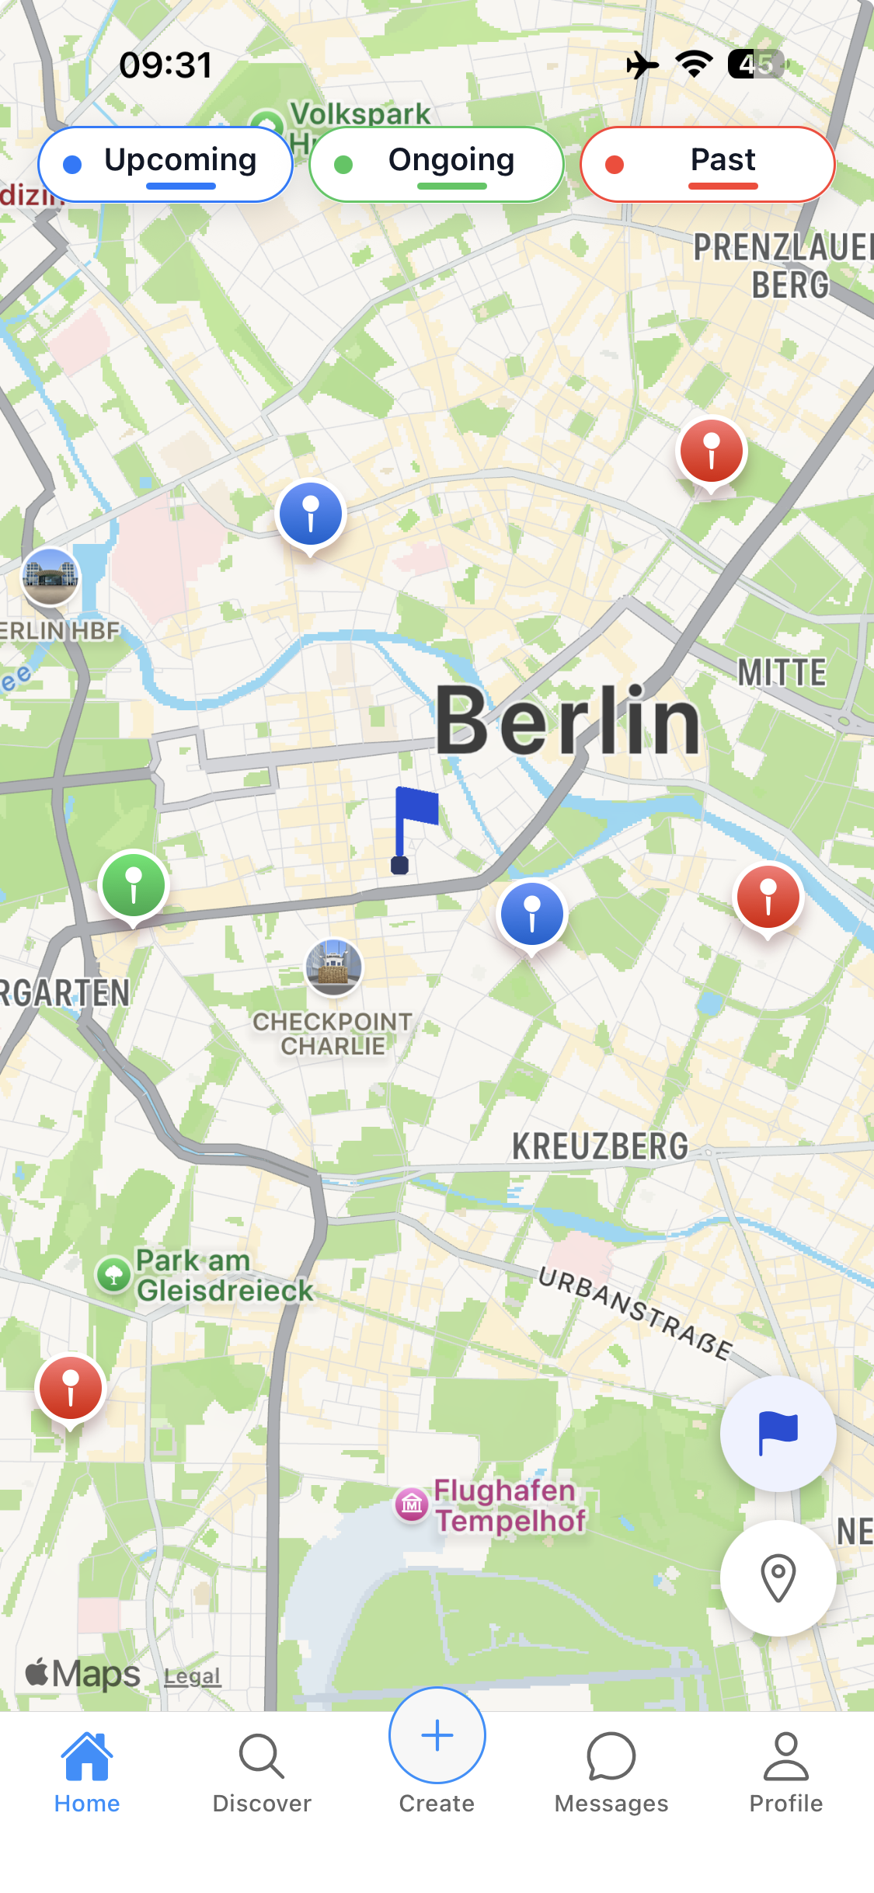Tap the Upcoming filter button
(165, 164)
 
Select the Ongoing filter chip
(437, 164)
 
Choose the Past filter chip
(707, 164)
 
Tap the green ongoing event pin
(134, 886)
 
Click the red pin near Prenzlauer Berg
(711, 451)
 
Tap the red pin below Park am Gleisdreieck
(70, 1389)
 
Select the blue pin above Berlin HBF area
(311, 514)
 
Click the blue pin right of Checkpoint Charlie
(532, 915)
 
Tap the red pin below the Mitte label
(768, 898)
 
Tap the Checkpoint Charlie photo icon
(333, 967)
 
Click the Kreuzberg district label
(600, 1147)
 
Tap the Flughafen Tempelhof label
(509, 1506)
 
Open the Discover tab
(262, 1773)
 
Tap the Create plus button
(437, 1737)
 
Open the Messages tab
(611, 1773)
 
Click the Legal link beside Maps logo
(192, 1676)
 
